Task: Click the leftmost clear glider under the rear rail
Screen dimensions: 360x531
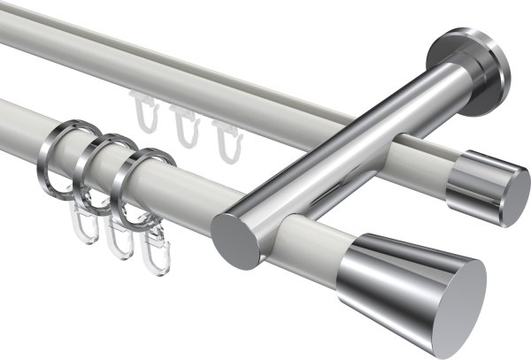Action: (144, 114)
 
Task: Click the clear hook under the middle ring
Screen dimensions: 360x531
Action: (116, 240)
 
